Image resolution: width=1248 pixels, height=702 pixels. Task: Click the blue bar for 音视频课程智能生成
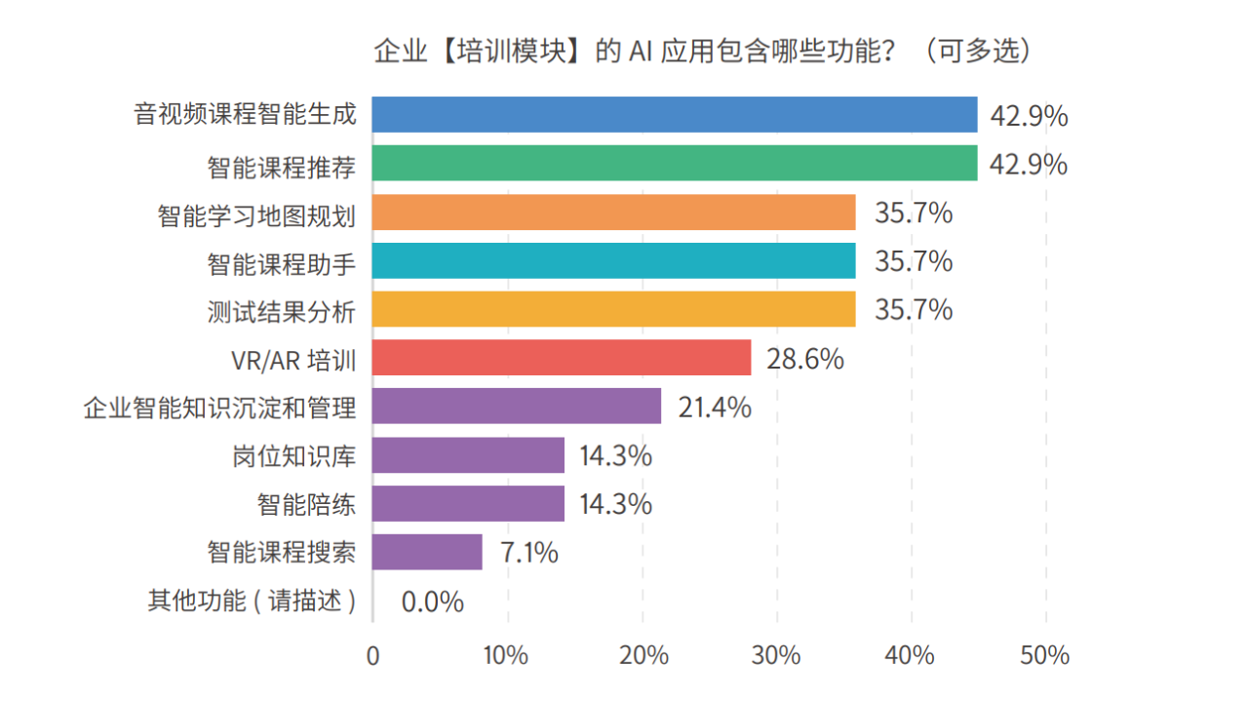point(674,114)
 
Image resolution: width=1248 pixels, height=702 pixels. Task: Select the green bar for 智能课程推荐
point(674,163)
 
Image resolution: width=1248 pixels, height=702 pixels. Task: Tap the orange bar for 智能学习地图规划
point(613,212)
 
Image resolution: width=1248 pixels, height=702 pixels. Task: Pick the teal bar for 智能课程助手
point(613,260)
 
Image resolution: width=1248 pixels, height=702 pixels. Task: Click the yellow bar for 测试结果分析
point(613,309)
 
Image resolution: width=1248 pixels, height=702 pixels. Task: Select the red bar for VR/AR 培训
point(561,358)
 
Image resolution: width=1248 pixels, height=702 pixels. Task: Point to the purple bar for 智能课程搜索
point(427,552)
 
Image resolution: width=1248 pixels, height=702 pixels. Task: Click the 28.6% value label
point(804,359)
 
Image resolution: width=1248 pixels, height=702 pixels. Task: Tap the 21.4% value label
point(715,408)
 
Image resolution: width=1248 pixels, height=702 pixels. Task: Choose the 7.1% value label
point(529,553)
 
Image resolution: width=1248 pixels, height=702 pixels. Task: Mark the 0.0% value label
point(432,602)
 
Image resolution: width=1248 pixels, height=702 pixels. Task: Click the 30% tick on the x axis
point(777,655)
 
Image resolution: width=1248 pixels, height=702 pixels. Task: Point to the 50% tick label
point(1045,655)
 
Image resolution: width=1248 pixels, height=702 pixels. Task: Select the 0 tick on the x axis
point(372,655)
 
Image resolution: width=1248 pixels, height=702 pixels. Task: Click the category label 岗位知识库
point(293,456)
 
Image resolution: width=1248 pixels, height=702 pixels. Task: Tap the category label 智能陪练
point(306,505)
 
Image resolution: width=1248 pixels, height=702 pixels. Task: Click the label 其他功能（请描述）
point(252,602)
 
